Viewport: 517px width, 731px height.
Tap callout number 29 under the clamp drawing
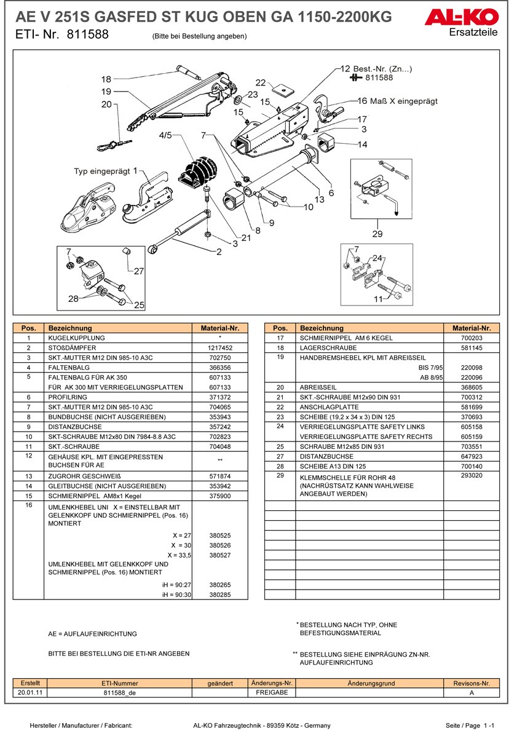pos(377,233)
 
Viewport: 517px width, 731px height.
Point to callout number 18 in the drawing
pos(106,79)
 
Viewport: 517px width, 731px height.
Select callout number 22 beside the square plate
pos(261,82)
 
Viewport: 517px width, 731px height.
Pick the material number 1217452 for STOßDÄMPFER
pos(219,348)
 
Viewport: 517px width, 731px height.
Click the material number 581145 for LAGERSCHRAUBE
pos(472,348)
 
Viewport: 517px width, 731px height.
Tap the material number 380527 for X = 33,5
pos(219,555)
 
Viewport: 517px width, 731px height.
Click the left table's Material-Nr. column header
pos(219,328)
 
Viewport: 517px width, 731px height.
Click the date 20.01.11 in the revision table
pos(30,692)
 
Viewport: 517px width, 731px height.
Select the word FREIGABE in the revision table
pos(272,692)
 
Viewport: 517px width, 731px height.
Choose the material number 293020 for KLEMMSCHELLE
pos(472,476)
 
